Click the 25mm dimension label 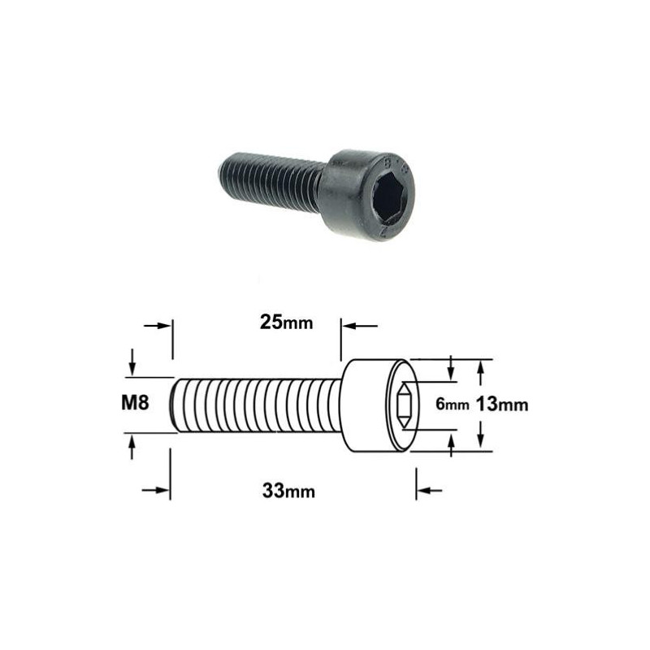click(286, 323)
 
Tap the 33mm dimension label click(288, 492)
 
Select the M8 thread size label click(135, 402)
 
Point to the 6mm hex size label click(453, 404)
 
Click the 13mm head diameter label click(501, 404)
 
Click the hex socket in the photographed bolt click(389, 194)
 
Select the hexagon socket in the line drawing click(403, 405)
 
